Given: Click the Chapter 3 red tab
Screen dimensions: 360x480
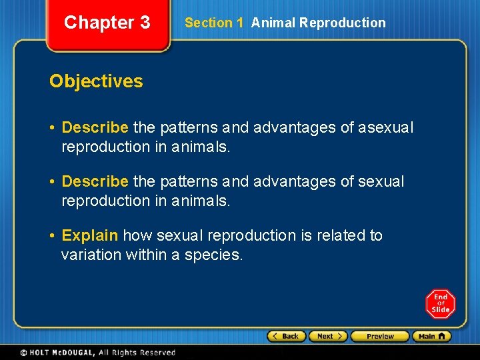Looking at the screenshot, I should pos(107,23).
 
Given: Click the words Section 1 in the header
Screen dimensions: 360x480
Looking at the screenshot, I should pos(213,23).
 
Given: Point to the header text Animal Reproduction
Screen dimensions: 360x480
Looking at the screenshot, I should pos(318,23).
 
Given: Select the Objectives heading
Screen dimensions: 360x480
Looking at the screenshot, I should pos(96,81).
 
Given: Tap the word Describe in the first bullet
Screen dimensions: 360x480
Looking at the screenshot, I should pos(95,127).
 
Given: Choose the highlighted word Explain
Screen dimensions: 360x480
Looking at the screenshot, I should pos(89,236).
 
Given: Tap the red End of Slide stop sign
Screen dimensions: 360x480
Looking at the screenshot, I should pos(440,304).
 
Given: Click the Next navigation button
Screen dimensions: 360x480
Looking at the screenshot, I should pos(328,336).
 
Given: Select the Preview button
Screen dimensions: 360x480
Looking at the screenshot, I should pos(380,336).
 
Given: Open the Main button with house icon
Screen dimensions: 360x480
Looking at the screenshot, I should pos(431,336).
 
